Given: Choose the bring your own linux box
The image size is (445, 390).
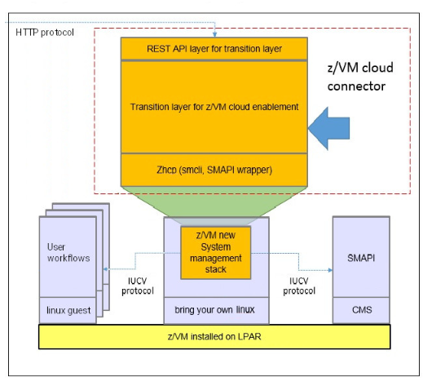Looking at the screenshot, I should point(214,310).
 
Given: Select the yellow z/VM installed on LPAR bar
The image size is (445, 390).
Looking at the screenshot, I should point(215,336).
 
